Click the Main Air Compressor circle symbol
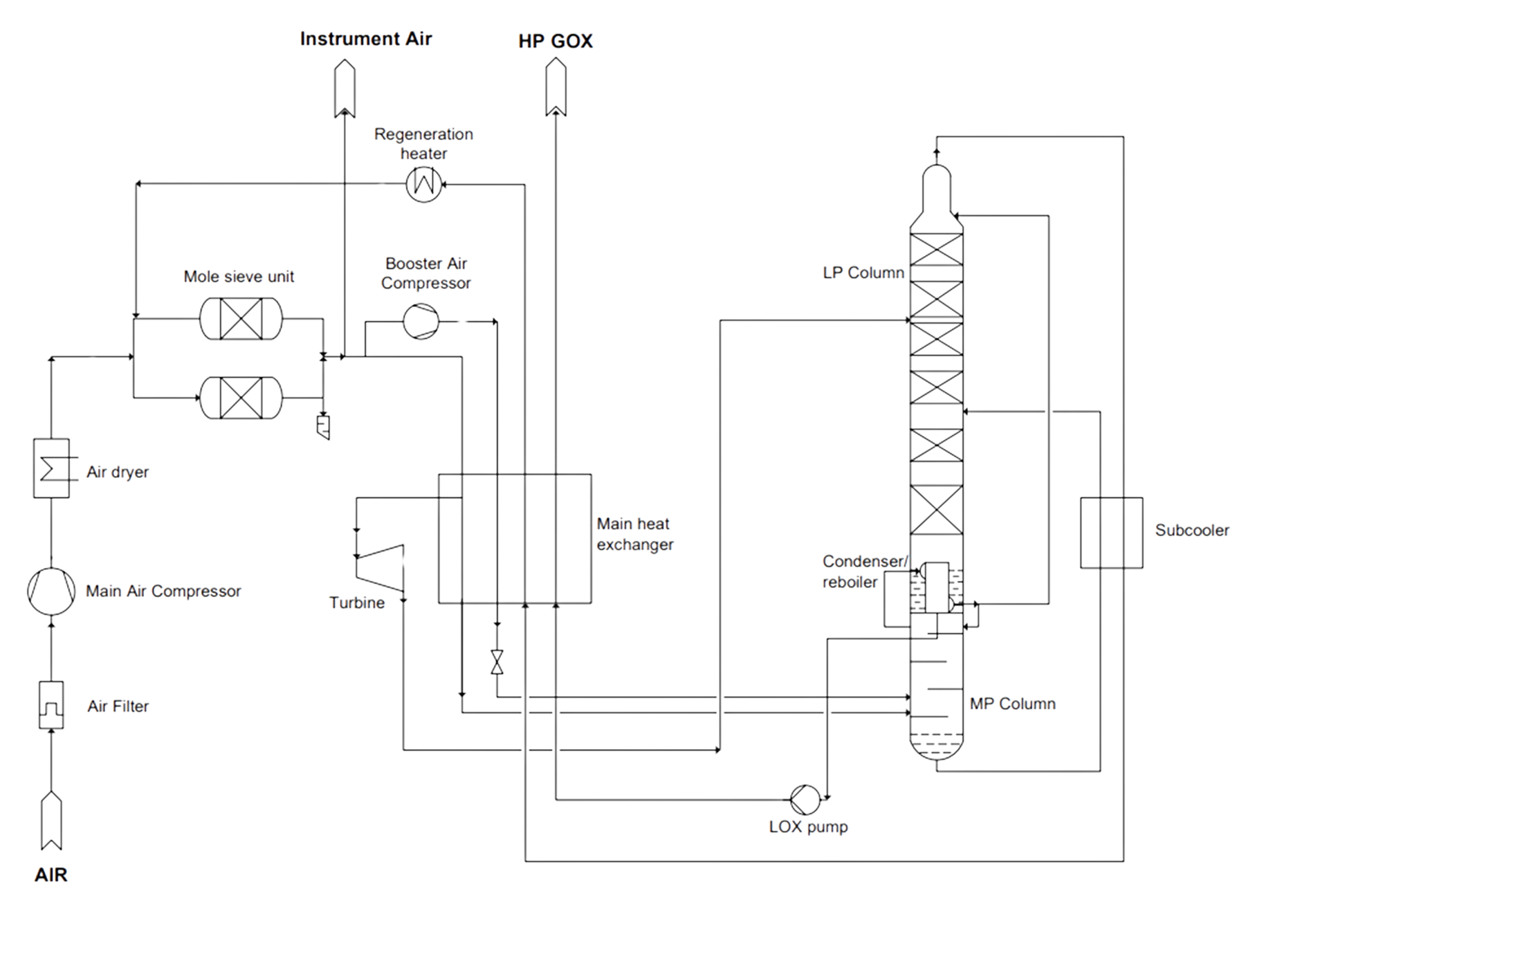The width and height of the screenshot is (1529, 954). pyautogui.click(x=51, y=591)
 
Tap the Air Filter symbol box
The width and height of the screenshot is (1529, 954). pyautogui.click(x=51, y=705)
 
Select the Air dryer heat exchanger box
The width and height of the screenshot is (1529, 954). pyautogui.click(x=51, y=468)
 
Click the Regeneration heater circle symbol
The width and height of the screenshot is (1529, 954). pyautogui.click(x=423, y=183)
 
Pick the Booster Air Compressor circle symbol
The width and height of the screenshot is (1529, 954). pyautogui.click(x=421, y=322)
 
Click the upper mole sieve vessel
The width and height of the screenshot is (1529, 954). pyautogui.click(x=241, y=319)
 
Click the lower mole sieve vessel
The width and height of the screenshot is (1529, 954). pyautogui.click(x=241, y=398)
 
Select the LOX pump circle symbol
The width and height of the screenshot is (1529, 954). pyautogui.click(x=805, y=800)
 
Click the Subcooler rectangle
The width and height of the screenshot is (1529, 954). pyautogui.click(x=1111, y=533)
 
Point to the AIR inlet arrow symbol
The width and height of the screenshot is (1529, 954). pyautogui.click(x=51, y=820)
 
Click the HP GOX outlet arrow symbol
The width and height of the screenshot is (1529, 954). pyautogui.click(x=556, y=87)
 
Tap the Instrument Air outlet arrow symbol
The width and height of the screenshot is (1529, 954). pyautogui.click(x=345, y=89)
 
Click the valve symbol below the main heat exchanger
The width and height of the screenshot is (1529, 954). pyautogui.click(x=497, y=662)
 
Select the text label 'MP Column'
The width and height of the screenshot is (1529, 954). pyautogui.click(x=1012, y=704)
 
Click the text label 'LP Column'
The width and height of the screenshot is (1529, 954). pyautogui.click(x=863, y=273)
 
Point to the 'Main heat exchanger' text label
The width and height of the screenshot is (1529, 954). pyautogui.click(x=634, y=534)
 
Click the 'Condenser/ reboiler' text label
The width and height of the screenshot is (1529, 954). pyautogui.click(x=864, y=571)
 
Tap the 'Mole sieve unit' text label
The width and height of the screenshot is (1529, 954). pyautogui.click(x=239, y=277)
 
